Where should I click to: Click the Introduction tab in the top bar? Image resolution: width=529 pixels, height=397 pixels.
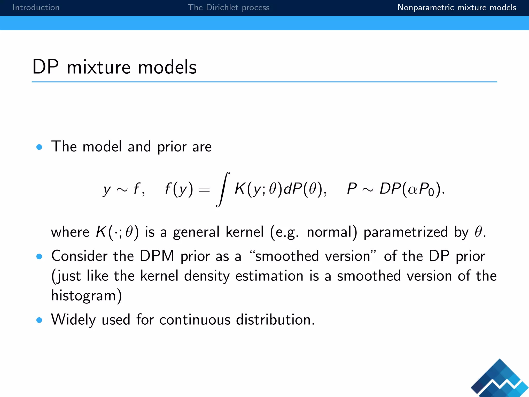[36, 7]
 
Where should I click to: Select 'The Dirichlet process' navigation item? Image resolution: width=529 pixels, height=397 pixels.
[228, 7]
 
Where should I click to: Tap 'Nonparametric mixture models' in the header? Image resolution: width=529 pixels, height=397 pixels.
[457, 7]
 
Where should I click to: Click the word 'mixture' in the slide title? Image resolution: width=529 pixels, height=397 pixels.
[99, 67]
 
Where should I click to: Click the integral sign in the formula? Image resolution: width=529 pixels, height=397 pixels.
[223, 189]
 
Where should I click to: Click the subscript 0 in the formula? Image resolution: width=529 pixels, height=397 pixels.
[431, 193]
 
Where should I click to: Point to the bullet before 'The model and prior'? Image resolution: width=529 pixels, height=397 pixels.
[39, 147]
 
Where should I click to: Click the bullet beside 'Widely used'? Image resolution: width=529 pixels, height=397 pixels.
[39, 320]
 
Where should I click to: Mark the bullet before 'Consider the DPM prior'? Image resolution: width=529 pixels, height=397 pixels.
[39, 256]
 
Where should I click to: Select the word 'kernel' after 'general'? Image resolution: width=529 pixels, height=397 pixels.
[245, 232]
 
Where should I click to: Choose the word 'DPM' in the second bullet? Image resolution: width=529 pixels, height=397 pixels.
[157, 256]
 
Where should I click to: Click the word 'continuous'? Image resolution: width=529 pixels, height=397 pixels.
[195, 320]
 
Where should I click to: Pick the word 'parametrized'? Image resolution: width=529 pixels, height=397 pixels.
[406, 232]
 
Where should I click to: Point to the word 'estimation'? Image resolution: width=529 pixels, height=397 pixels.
[269, 276]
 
